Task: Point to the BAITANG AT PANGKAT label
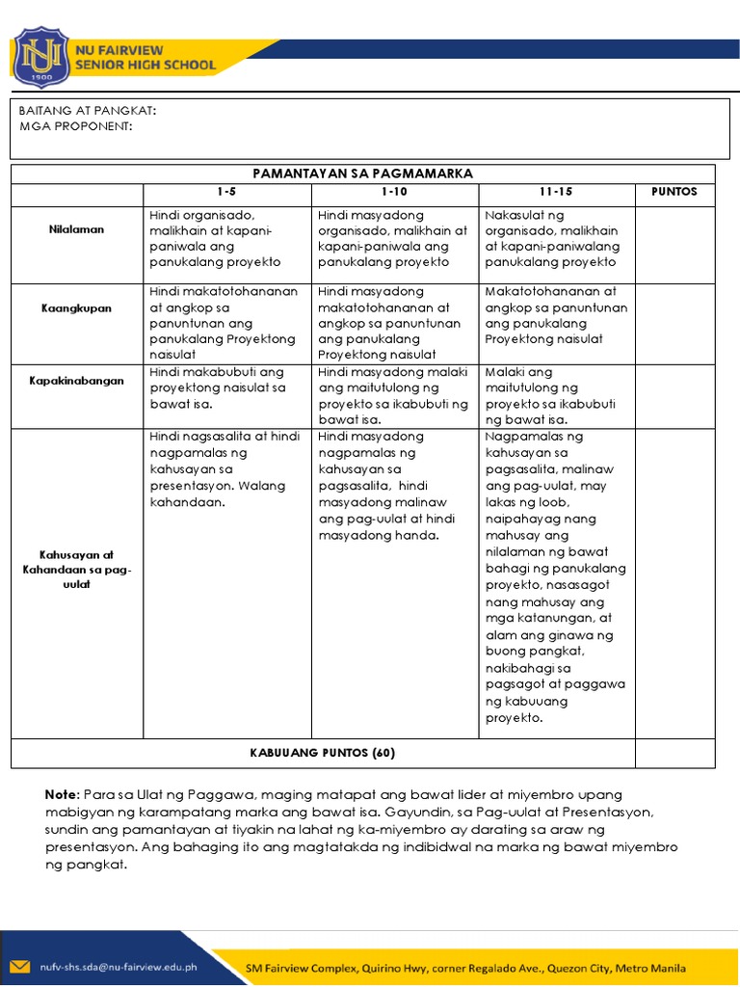tap(87, 111)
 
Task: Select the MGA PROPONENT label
tap(76, 127)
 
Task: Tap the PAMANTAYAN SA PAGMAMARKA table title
tap(362, 173)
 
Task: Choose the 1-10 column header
tap(395, 192)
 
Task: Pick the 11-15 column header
tap(556, 192)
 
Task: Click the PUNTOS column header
tap(674, 192)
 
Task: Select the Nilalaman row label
tap(77, 230)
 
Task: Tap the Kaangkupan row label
tap(77, 308)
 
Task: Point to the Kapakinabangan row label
tap(77, 381)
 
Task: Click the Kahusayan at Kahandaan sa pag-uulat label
tap(77, 570)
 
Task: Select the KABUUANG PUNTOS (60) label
tap(323, 753)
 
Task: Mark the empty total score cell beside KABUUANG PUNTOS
tap(674, 753)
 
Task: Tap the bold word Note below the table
tap(61, 794)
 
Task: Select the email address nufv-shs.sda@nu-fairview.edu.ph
tap(119, 967)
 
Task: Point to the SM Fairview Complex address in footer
tap(466, 967)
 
